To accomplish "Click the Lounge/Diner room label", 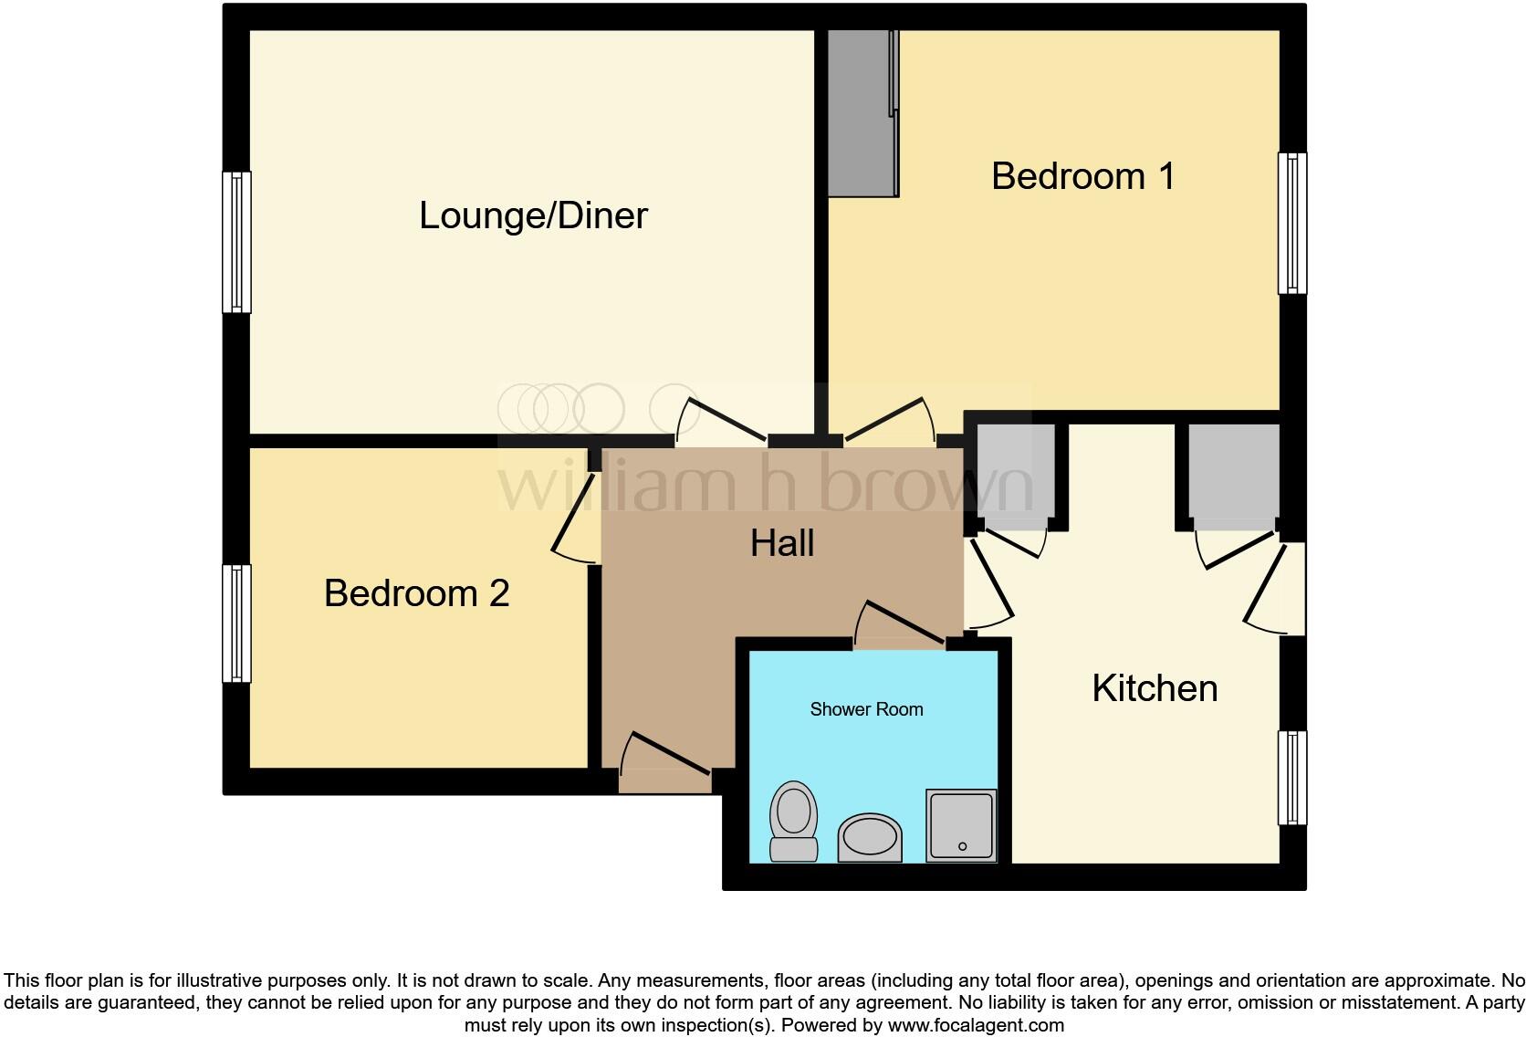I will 533,216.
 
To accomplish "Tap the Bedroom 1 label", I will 1082,176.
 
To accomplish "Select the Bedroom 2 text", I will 416,593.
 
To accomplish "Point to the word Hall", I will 782,544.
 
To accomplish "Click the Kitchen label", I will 1155,688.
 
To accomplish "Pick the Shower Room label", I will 866,709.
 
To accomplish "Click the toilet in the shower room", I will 793,821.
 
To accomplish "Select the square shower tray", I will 961,825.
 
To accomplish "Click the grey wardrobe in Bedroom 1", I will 861,112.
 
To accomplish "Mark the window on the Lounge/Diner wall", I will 236,242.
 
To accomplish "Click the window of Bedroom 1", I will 1291,223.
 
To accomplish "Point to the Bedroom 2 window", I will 236,623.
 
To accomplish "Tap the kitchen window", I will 1291,777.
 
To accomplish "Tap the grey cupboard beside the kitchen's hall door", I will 1016,476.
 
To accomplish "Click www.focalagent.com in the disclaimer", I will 976,1025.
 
